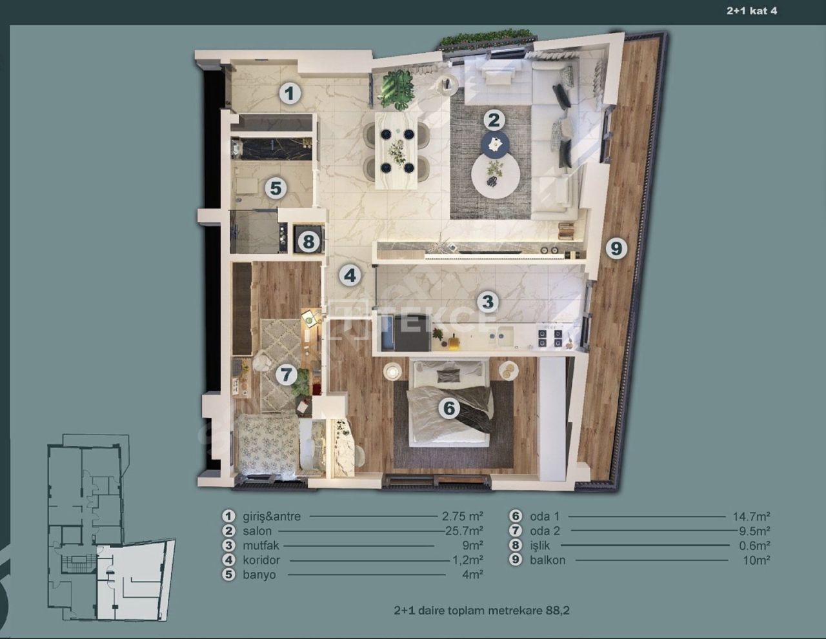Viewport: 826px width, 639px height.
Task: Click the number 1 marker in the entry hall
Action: (x=290, y=93)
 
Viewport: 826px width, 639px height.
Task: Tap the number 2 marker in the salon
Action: (x=494, y=120)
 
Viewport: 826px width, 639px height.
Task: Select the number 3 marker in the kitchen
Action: (x=487, y=302)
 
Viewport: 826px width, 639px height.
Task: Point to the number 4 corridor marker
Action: (x=350, y=276)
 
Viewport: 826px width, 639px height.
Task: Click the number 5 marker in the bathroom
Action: (x=276, y=188)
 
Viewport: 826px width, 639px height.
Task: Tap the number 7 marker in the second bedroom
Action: (x=286, y=375)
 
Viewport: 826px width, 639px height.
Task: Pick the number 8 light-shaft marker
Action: (x=308, y=242)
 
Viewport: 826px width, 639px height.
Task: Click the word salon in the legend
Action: (x=257, y=531)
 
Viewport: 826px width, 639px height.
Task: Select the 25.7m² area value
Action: (x=463, y=531)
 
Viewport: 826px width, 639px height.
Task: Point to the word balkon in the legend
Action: (x=547, y=560)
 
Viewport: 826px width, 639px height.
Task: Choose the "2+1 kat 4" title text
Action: (x=752, y=11)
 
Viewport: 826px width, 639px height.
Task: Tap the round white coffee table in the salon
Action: (x=495, y=175)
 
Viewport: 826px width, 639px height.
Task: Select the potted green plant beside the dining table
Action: (x=396, y=89)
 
